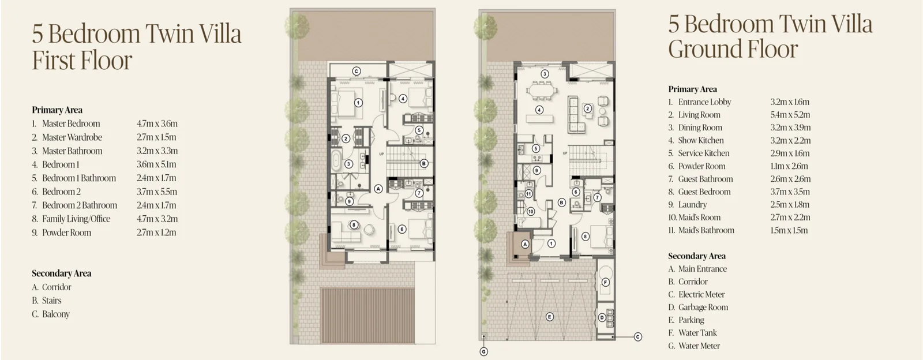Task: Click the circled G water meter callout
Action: (x=484, y=352)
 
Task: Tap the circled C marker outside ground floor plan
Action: (x=637, y=337)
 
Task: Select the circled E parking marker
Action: (x=549, y=317)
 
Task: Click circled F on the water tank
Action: (x=605, y=282)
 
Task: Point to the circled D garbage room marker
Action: (x=602, y=317)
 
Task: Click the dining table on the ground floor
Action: (x=541, y=91)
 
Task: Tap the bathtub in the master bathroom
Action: (x=336, y=161)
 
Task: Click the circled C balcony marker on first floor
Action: (x=357, y=72)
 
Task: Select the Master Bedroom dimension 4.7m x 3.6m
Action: (x=157, y=123)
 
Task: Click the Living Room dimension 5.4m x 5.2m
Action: (x=790, y=114)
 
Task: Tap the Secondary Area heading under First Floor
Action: (x=61, y=273)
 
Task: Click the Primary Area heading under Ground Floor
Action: (x=692, y=89)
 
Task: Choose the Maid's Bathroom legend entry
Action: (x=701, y=230)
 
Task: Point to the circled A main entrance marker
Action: (x=525, y=244)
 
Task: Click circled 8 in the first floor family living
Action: (x=354, y=225)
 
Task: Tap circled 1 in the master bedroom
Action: (x=358, y=103)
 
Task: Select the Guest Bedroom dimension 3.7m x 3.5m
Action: (x=790, y=192)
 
